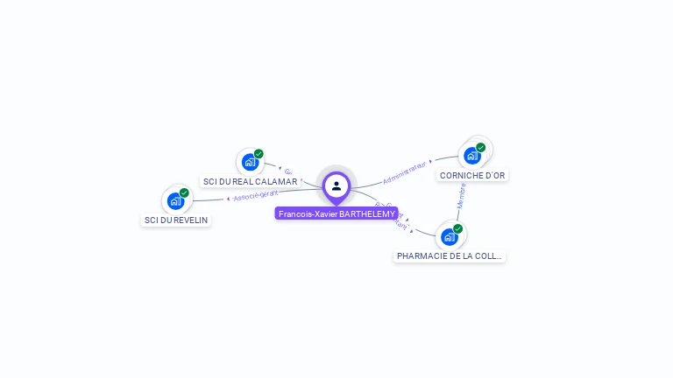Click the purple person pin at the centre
[336, 185]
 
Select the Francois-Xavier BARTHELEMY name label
[336, 213]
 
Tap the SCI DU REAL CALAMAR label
[251, 182]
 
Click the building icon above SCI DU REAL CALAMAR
[250, 162]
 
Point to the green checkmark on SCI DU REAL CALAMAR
[259, 154]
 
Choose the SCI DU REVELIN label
[176, 220]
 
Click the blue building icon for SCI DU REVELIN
[175, 201]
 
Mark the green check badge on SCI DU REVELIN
[184, 193]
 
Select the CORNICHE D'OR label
[472, 176]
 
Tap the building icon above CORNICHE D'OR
[471, 156]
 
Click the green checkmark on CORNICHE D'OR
[480, 148]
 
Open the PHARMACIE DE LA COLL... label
[450, 256]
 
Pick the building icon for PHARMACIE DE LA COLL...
[449, 236]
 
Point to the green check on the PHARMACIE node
[457, 228]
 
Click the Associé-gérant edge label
[255, 194]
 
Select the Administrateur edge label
[406, 171]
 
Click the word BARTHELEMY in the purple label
[366, 213]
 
